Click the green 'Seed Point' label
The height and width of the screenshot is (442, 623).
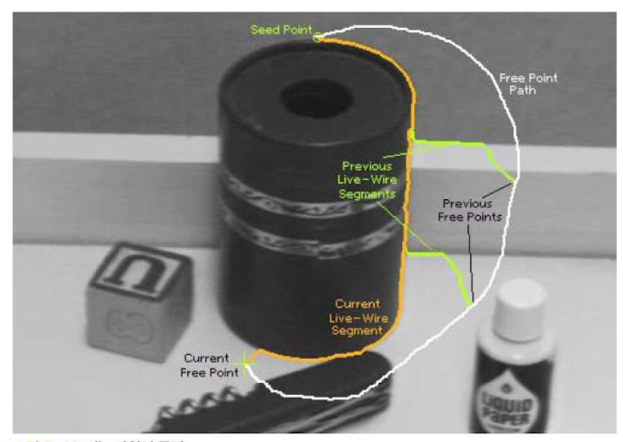tap(282, 30)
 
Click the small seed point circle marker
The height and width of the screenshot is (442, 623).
tap(318, 37)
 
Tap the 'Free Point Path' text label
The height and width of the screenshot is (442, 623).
tap(528, 84)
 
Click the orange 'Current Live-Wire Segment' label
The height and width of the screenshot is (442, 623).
tap(357, 318)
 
